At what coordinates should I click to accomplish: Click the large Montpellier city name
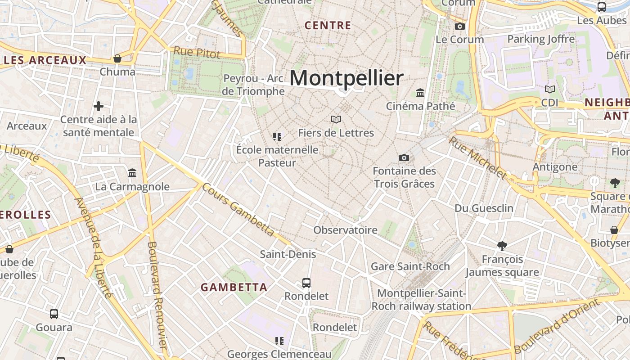coord(346,78)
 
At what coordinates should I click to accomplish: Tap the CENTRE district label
coord(328,26)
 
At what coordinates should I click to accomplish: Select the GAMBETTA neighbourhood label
coord(234,287)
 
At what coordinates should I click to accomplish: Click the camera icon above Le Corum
coord(459,27)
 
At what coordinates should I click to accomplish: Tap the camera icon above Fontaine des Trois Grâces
coord(404,157)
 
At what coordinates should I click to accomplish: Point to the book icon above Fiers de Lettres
coord(336,119)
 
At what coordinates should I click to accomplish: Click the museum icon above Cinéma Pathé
coord(420,93)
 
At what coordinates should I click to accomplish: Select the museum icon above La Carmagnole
coord(132,173)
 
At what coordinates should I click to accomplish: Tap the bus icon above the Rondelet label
coord(306,283)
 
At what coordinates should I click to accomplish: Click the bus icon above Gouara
coord(54,314)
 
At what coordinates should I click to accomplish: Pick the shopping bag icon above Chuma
coord(117,58)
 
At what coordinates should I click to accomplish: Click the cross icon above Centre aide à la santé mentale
coord(99,106)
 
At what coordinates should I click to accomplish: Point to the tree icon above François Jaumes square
coord(502,246)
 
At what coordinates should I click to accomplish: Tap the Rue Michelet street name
coord(477,158)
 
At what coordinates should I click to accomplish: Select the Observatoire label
coord(345,230)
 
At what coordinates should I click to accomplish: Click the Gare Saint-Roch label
coord(410,266)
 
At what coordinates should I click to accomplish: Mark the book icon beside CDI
coord(549,89)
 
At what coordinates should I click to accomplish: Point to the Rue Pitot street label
coord(197,52)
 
